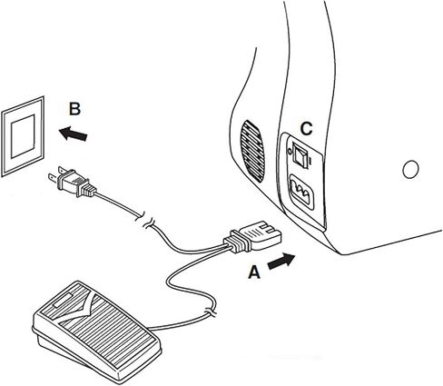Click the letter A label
tap(254, 272)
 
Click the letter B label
tap(74, 109)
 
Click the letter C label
tap(306, 129)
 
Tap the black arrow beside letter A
tap(281, 261)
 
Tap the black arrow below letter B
tap(73, 134)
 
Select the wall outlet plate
tap(23, 136)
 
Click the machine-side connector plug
tap(252, 237)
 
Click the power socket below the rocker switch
tap(301, 192)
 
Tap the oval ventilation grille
tap(252, 152)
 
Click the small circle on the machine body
tap(410, 169)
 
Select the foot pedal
tap(96, 329)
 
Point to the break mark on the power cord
tap(145, 220)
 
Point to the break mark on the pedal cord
tap(211, 311)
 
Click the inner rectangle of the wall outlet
tap(23, 136)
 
